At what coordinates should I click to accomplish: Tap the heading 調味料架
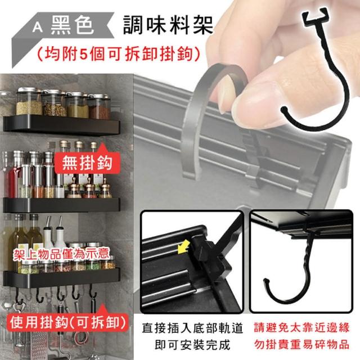(168, 25)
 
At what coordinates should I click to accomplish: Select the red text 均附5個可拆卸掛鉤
(118, 55)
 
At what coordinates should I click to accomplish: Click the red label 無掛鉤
(87, 163)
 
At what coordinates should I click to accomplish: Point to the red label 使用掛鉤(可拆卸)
(68, 323)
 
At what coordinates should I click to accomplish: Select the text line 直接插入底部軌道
(192, 328)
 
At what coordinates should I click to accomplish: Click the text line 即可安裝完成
(192, 345)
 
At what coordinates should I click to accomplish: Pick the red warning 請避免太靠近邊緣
(301, 327)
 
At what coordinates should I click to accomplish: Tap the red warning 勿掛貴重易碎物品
(301, 345)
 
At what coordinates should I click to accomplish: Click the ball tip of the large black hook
(285, 109)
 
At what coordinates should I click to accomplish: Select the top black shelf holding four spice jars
(61, 125)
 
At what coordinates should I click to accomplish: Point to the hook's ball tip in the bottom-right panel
(265, 281)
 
